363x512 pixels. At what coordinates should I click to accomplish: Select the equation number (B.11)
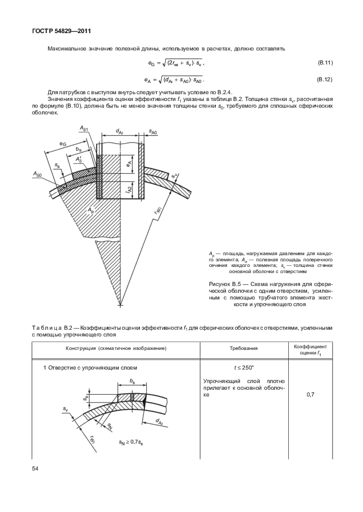coord(325,63)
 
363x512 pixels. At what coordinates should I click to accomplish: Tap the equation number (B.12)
coord(325,80)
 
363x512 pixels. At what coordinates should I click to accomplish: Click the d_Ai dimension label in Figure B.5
coord(120,131)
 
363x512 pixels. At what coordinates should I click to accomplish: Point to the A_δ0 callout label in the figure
coord(37,176)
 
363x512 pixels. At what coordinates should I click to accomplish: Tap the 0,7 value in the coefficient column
coord(311,395)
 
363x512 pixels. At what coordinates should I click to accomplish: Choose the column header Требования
coord(243,348)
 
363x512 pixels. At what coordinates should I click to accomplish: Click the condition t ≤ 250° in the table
coord(243,368)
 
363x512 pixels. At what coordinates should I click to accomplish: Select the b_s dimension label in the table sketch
coord(132,380)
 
